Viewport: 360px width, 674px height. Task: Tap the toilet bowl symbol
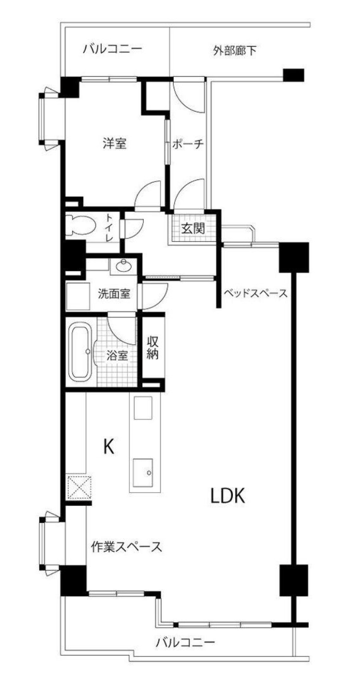point(80,225)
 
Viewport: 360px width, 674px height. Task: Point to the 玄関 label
point(193,229)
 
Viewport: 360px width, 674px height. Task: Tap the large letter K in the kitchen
point(109,447)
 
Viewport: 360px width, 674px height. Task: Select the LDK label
point(227,496)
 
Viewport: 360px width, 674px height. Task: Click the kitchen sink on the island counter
point(143,472)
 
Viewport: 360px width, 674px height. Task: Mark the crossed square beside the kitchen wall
point(79,488)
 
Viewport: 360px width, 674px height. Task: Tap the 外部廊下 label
point(235,50)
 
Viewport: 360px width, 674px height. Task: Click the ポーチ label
point(188,144)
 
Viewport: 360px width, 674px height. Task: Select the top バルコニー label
point(112,48)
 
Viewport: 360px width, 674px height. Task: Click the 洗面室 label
point(114,294)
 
